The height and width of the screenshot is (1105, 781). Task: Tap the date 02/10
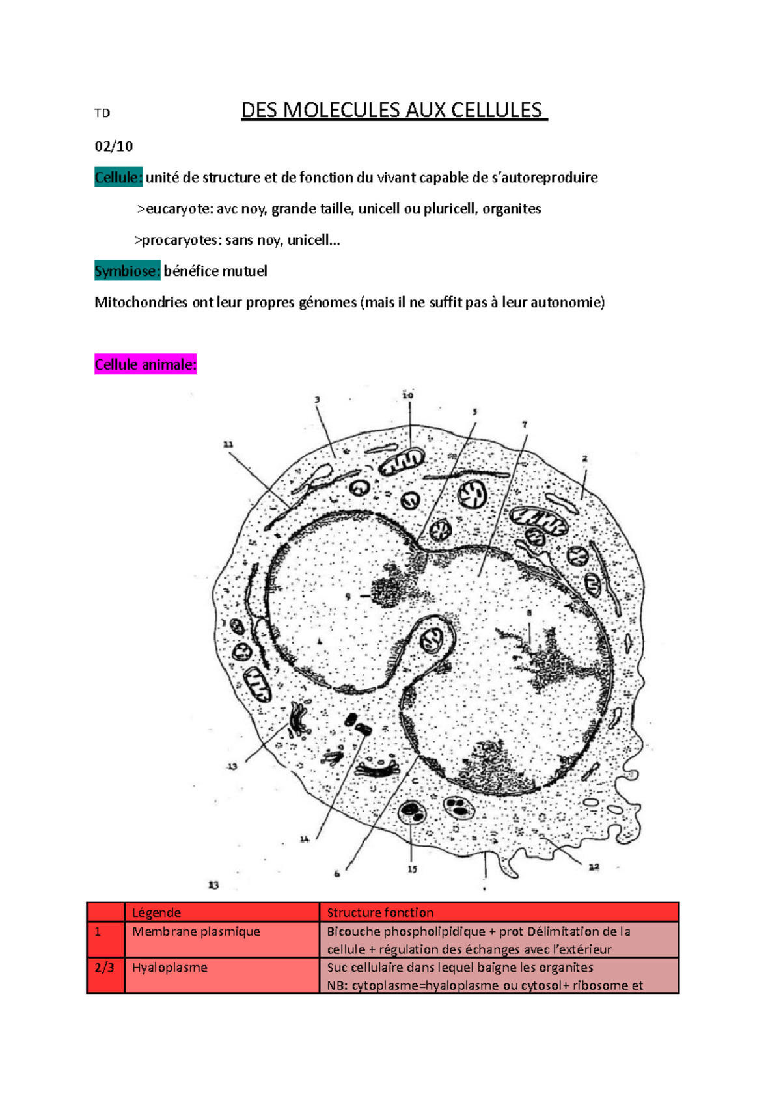point(114,146)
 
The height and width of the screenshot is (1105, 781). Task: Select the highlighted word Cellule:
point(118,178)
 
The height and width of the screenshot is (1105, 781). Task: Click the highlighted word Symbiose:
point(127,271)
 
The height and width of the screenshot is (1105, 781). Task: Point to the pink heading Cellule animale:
point(145,365)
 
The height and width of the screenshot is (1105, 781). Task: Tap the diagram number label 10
point(408,395)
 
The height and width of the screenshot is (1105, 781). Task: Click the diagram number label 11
point(228,444)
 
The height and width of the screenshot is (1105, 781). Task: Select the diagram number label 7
point(525,424)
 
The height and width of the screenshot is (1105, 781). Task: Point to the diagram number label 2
point(584,459)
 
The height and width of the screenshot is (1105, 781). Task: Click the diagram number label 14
point(305,839)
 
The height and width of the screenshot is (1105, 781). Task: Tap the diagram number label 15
point(413,869)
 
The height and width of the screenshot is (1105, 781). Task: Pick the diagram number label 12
point(594,867)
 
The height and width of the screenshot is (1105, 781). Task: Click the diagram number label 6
point(336,873)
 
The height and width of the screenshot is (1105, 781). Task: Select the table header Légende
point(156,912)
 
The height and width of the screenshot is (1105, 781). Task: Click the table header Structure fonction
point(380,912)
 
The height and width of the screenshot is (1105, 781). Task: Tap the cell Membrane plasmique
point(196,931)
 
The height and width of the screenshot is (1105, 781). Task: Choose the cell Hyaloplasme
point(169,967)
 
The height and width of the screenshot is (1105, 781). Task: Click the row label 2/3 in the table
point(104,967)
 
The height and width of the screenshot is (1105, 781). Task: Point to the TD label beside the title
point(102,113)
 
